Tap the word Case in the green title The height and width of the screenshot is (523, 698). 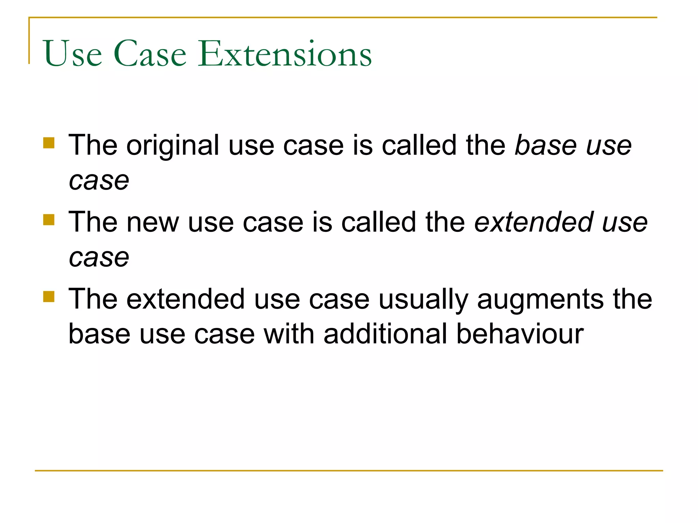click(x=150, y=53)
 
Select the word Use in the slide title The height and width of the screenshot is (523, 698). click(x=73, y=53)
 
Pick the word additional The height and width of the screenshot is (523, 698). click(x=385, y=334)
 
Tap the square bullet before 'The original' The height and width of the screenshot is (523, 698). click(x=49, y=143)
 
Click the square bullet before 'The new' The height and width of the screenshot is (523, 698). click(x=49, y=220)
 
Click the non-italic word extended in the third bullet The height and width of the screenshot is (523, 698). click(x=186, y=299)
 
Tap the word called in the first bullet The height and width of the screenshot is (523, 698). click(x=419, y=145)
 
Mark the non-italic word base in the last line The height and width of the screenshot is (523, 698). click(x=99, y=334)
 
